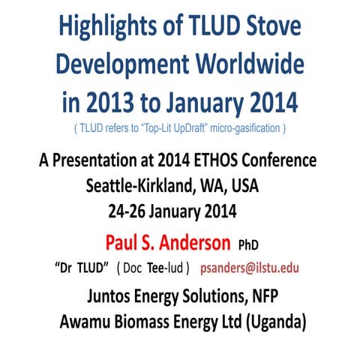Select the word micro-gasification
tap(245, 128)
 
